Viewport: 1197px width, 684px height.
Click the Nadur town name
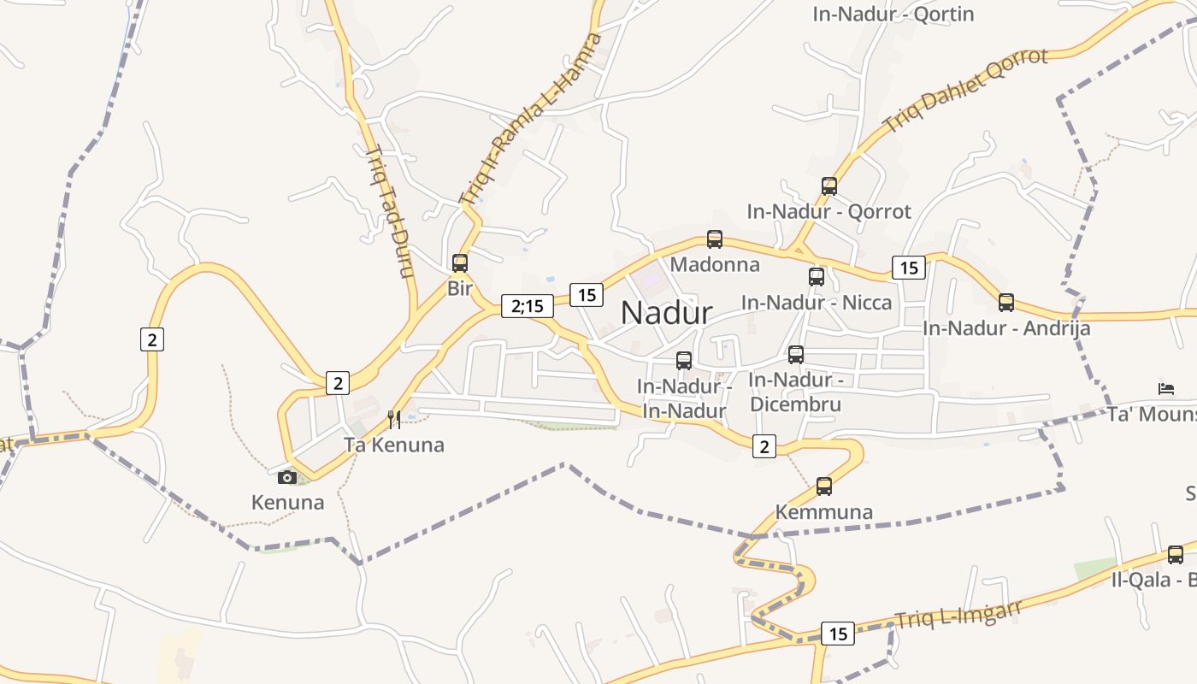pyautogui.click(x=666, y=313)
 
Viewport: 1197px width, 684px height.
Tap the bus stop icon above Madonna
pyautogui.click(x=715, y=239)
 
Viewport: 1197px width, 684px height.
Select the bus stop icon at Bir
pyautogui.click(x=460, y=263)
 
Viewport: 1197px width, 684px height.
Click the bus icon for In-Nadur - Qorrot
pyautogui.click(x=828, y=186)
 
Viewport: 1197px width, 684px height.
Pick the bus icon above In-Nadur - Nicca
pyautogui.click(x=817, y=276)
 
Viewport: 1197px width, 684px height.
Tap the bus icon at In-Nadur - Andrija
pyautogui.click(x=1006, y=302)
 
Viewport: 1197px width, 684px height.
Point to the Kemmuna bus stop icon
pyautogui.click(x=823, y=486)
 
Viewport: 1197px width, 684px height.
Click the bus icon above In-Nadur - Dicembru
pyautogui.click(x=796, y=354)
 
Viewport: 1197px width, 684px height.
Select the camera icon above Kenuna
pyautogui.click(x=287, y=477)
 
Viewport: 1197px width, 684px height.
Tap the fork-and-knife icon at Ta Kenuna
pyautogui.click(x=394, y=419)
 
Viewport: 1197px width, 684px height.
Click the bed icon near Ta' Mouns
pyautogui.click(x=1166, y=388)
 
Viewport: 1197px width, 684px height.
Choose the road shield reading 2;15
pyautogui.click(x=528, y=306)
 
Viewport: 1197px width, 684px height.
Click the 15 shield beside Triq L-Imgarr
pyautogui.click(x=838, y=634)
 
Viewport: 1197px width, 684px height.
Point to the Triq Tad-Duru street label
pyautogui.click(x=389, y=211)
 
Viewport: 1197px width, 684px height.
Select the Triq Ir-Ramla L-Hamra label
pyautogui.click(x=530, y=119)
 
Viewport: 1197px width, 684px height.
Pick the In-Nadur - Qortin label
pyautogui.click(x=893, y=14)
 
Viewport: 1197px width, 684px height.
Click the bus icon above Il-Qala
pyautogui.click(x=1176, y=554)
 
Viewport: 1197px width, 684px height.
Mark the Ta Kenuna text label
pyautogui.click(x=394, y=445)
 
